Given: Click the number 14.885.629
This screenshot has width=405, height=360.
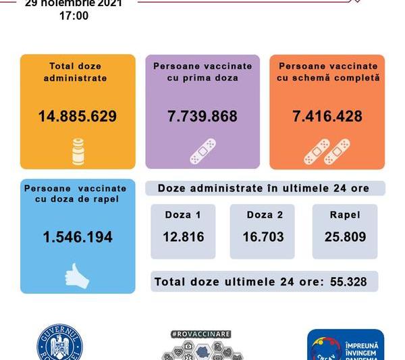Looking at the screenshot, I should click(x=78, y=116).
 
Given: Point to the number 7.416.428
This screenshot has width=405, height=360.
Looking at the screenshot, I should click(x=327, y=116).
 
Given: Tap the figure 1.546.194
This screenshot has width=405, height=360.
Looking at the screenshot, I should click(x=78, y=237).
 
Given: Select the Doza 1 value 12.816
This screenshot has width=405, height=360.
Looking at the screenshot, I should click(x=183, y=237).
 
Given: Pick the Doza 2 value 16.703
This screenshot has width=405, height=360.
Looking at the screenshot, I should click(x=262, y=237).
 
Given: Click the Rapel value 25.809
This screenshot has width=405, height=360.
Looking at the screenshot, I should click(x=345, y=237).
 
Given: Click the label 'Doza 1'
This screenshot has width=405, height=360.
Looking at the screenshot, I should click(x=183, y=215).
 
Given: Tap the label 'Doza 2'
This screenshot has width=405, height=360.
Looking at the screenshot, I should click(x=262, y=215).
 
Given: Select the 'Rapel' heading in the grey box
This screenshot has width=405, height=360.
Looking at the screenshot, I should click(x=345, y=215).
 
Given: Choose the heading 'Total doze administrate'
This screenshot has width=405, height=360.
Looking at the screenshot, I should click(x=78, y=72).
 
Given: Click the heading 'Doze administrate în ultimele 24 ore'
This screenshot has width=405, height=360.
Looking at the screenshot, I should click(x=264, y=188).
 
